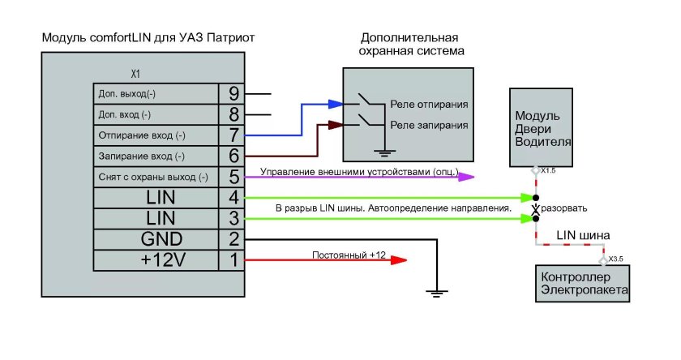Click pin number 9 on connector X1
click(233, 93)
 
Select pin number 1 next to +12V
click(233, 261)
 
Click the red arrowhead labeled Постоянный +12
click(398, 261)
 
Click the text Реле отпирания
click(429, 105)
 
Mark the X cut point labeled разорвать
click(535, 208)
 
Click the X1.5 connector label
click(548, 171)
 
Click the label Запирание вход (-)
click(141, 156)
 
